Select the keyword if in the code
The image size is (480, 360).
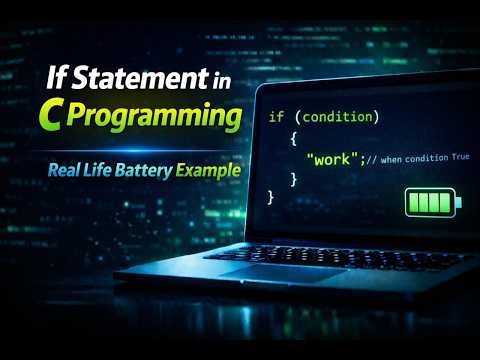coord(276,117)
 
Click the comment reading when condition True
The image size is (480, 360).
coord(419,158)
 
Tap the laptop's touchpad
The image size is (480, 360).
coord(265,272)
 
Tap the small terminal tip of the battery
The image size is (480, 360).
coord(459,203)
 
